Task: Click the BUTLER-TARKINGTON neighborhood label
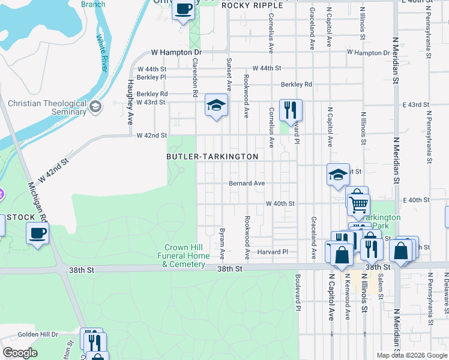pos(212,157)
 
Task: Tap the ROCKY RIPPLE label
pos(244,5)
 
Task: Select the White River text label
pos(102,53)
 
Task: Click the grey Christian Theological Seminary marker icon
pos(95,107)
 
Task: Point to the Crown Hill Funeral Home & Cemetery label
pos(188,256)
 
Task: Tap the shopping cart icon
pos(358,204)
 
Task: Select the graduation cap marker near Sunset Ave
pos(216,106)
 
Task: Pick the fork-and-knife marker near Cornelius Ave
pos(291,110)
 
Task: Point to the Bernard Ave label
pos(246,184)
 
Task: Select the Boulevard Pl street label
pos(297,293)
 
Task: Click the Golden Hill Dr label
pos(37,334)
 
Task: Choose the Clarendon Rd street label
pos(195,77)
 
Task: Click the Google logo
pos(20,353)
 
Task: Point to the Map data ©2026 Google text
pos(412,355)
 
